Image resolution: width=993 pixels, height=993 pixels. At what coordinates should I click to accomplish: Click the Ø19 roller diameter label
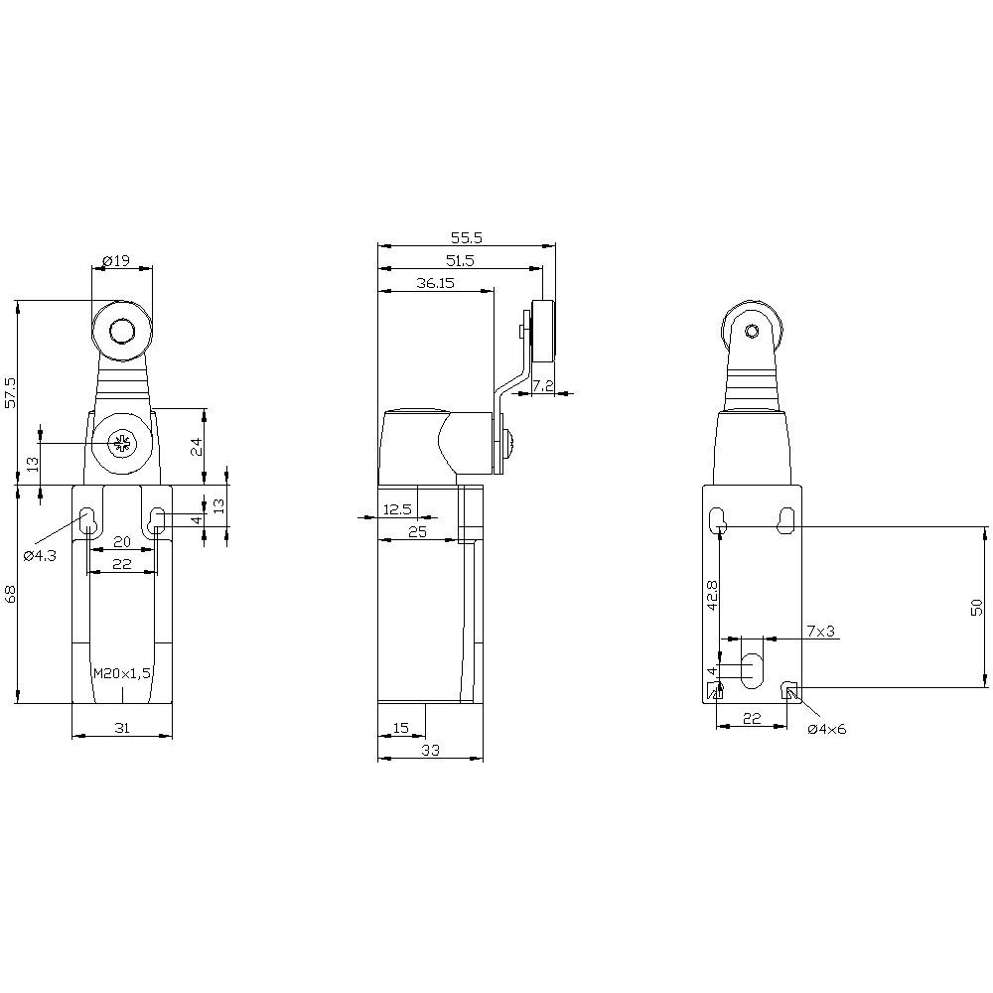(x=115, y=260)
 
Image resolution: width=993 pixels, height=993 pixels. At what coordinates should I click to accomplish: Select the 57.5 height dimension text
(x=10, y=392)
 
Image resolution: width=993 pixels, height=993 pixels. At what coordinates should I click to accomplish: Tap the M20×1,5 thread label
(x=122, y=673)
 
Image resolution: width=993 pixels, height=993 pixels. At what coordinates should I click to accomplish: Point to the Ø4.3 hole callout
(x=40, y=555)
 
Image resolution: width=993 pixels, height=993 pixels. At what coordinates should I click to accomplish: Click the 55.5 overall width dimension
(x=467, y=237)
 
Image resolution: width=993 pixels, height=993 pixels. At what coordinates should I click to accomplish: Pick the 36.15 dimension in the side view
(x=436, y=282)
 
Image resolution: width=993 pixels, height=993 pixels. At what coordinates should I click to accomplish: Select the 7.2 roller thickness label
(x=543, y=385)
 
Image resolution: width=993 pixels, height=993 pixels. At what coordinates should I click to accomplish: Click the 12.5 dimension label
(x=398, y=509)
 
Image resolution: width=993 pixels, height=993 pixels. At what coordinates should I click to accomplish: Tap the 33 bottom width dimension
(x=431, y=750)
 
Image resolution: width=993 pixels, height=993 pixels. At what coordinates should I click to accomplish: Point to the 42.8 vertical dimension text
(x=712, y=595)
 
